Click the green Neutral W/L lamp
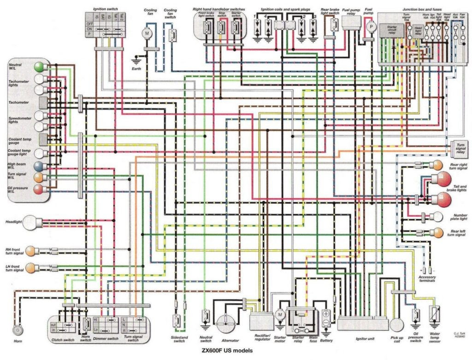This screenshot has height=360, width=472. (40, 68)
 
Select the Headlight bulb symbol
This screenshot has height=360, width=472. (33, 223)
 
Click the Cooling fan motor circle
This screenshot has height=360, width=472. (147, 33)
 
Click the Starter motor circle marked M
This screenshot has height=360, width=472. (279, 314)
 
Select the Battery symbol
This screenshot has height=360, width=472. (326, 317)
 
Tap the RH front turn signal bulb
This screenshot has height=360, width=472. (30, 251)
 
